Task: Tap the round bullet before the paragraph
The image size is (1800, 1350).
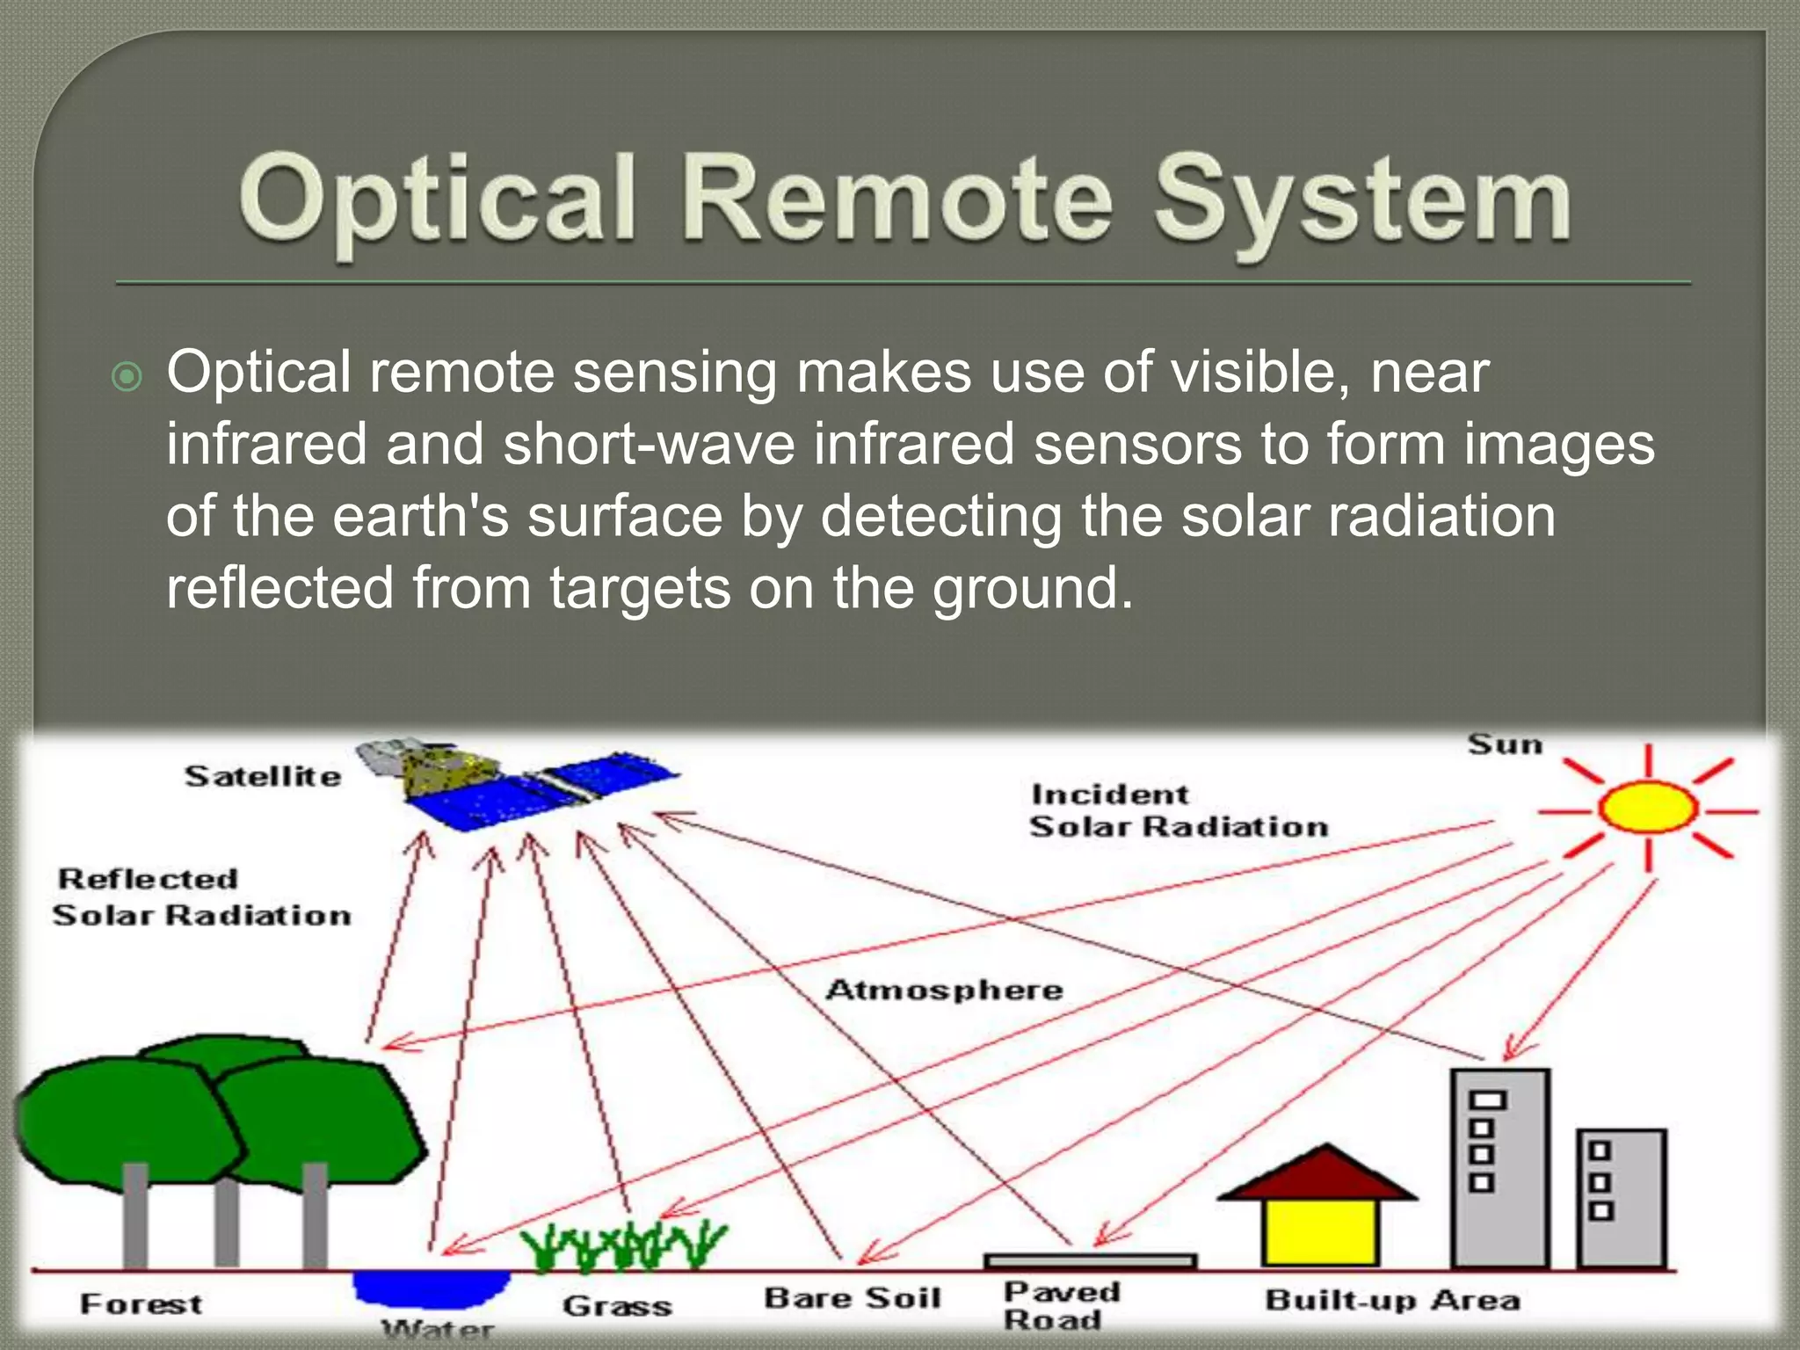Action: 127,377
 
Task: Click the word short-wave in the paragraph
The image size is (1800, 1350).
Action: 649,444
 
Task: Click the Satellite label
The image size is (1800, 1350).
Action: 263,776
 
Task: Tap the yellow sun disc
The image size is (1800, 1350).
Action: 1646,808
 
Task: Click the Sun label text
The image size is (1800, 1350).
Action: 1505,744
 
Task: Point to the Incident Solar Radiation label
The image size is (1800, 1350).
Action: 1178,810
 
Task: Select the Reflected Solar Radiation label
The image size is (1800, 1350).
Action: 201,896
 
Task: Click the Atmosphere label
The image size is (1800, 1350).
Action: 944,990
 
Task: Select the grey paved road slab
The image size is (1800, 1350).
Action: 1090,1260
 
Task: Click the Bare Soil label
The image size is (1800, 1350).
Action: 852,1298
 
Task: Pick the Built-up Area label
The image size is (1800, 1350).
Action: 1392,1300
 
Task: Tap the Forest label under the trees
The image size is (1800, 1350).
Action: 141,1303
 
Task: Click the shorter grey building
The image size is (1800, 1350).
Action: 1621,1197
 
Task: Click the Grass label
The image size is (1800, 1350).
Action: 617,1306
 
